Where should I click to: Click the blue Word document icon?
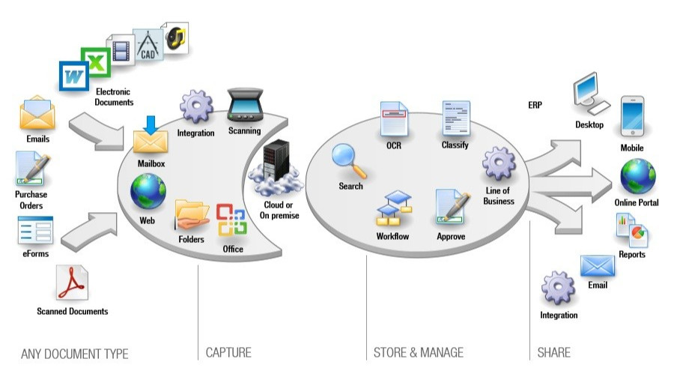pos(73,76)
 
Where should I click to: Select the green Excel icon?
pos(96,62)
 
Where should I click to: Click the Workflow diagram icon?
pos(393,211)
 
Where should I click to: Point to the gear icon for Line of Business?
pos(498,165)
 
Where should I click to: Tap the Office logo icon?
pos(232,221)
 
